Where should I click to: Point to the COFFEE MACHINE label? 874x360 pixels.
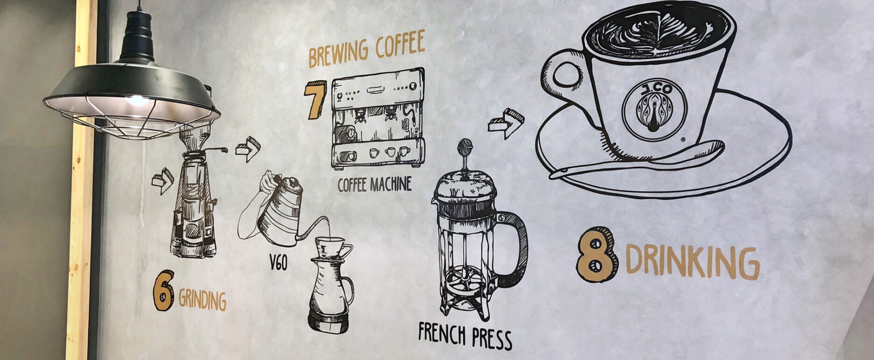[x=374, y=184]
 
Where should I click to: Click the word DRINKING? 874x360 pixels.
[x=692, y=262]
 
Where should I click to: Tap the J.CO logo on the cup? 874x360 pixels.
[x=654, y=109]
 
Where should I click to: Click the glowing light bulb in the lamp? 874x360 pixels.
[x=137, y=100]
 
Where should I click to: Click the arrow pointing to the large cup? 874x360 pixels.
[x=506, y=123]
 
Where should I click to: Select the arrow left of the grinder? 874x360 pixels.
[x=162, y=180]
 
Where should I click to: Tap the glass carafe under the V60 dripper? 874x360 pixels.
[x=330, y=295]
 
